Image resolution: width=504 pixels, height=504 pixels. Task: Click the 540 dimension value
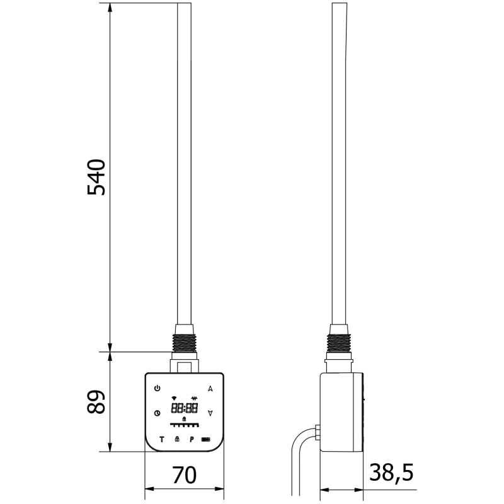[96, 177]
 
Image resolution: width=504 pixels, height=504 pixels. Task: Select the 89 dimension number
[96, 401]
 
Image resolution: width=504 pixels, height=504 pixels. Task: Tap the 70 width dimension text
[184, 476]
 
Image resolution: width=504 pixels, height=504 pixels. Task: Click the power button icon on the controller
[157, 388]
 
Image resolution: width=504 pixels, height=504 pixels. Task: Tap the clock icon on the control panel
[157, 413]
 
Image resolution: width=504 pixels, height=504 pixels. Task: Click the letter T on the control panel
[162, 439]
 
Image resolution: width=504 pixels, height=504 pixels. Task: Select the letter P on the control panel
[192, 439]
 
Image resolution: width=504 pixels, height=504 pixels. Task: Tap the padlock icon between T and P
[177, 438]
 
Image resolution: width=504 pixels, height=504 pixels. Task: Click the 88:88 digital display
[185, 408]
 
